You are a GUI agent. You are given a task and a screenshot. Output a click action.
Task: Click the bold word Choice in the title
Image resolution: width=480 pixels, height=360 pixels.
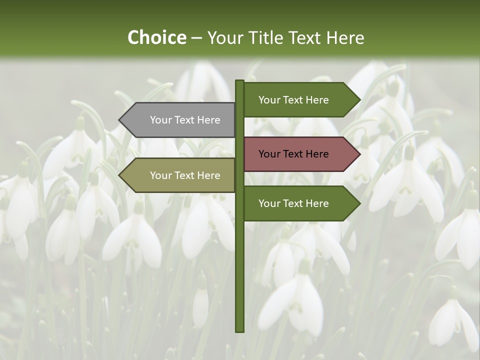pyautogui.click(x=156, y=37)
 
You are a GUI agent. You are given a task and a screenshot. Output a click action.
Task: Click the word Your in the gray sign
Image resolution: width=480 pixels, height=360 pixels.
pyautogui.click(x=160, y=120)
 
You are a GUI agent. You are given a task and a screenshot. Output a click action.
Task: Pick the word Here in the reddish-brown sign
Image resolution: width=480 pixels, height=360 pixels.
pyautogui.click(x=317, y=154)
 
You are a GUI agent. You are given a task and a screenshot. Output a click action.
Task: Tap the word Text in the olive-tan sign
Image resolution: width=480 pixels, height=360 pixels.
pyautogui.click(x=185, y=175)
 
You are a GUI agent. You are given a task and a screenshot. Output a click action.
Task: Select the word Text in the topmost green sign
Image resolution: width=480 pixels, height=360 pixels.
pyautogui.click(x=294, y=100)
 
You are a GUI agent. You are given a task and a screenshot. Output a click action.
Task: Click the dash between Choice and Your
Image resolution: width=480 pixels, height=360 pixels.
pyautogui.click(x=196, y=37)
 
